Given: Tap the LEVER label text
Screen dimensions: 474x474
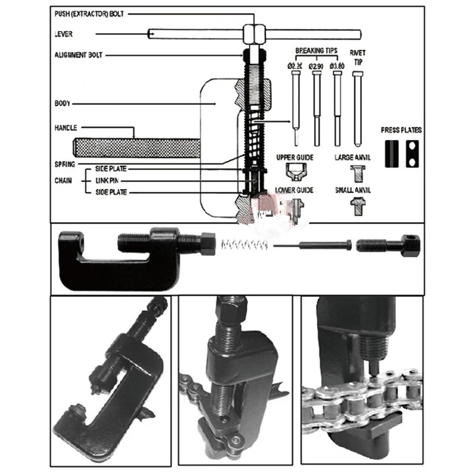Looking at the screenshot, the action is coord(63,34).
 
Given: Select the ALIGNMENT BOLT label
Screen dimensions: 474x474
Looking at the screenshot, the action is coord(78,55).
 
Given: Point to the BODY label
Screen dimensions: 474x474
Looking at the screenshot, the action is coord(62,104).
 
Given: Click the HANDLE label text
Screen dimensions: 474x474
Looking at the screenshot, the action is coord(66,128).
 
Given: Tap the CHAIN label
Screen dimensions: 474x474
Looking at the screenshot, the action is coord(63,181).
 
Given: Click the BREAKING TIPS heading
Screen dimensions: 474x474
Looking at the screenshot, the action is coord(315,52).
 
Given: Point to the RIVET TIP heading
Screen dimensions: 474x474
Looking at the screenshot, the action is coord(357,57).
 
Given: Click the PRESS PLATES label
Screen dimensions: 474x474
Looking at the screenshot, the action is coord(401,129).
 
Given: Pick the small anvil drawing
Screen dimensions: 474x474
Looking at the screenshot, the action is coord(357,204).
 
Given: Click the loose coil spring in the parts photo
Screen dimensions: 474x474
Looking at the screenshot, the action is coord(244,245).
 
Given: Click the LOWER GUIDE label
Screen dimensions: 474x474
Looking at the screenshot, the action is coord(294,190).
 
